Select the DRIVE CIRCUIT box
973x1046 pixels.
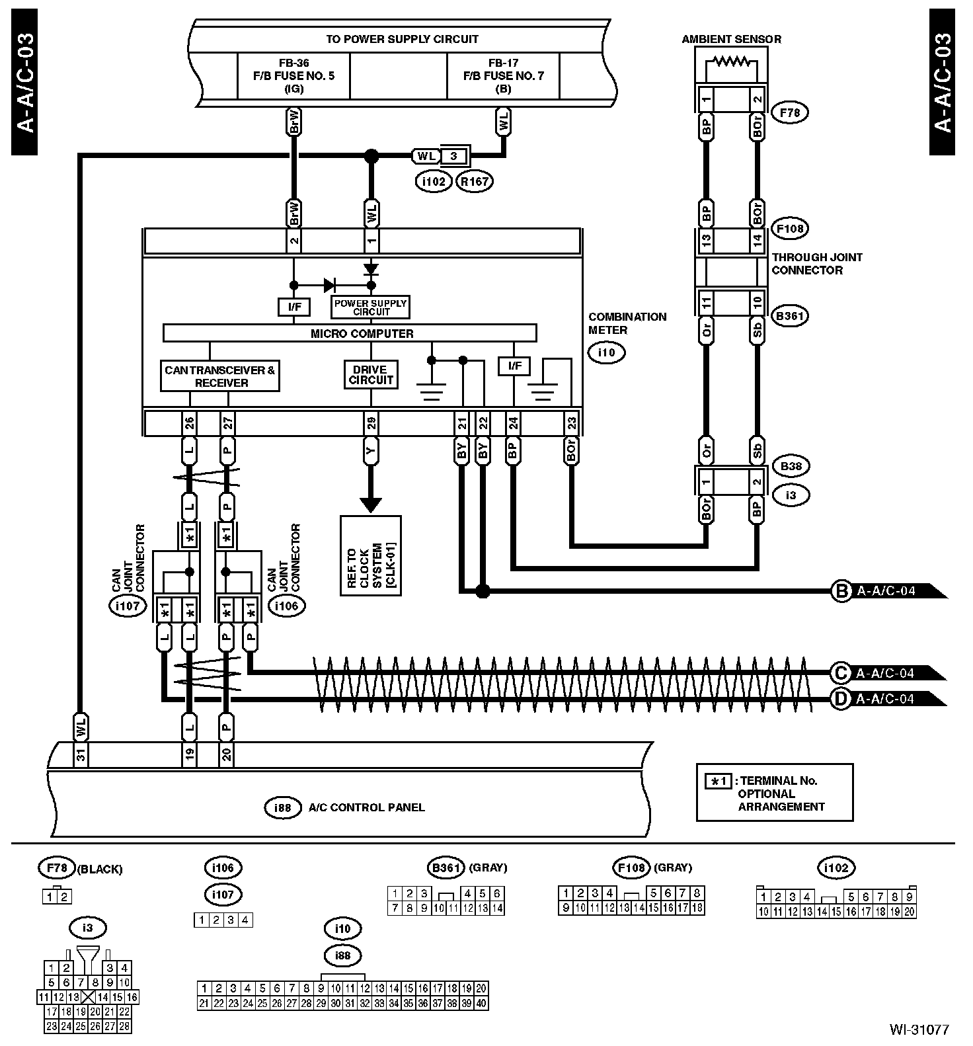coord(371,375)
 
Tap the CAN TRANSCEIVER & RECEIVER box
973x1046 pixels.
coord(220,376)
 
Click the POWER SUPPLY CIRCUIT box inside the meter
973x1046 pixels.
coord(370,307)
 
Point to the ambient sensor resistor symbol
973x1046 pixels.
coord(732,63)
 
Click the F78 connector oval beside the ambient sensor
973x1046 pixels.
coord(790,112)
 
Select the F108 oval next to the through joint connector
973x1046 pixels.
coord(790,229)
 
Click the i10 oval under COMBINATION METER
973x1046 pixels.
coord(606,352)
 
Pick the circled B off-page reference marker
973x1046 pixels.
coord(841,591)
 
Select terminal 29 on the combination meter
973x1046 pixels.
coord(371,422)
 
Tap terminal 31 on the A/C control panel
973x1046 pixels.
coord(81,755)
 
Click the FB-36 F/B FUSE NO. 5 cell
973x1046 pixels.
coord(293,76)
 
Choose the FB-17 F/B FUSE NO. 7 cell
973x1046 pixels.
coord(503,76)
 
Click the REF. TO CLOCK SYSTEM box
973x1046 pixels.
coord(371,555)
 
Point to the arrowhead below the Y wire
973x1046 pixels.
coord(371,504)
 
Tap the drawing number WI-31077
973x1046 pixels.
coord(918,1029)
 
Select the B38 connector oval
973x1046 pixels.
coord(791,466)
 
